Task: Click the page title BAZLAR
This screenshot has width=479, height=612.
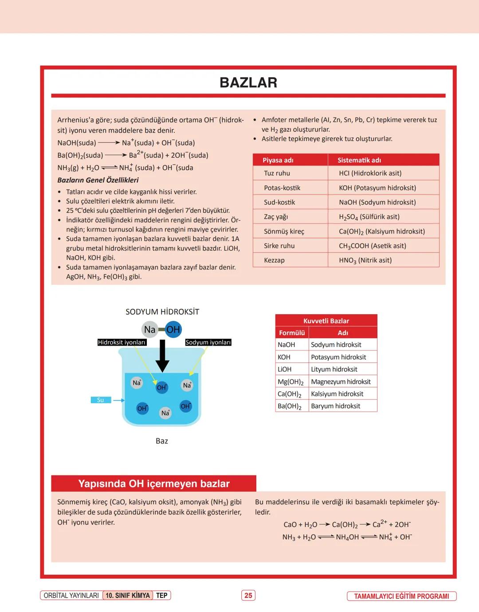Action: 248,82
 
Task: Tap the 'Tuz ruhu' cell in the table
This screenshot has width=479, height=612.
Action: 277,173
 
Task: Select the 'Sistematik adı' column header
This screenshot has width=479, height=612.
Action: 359,160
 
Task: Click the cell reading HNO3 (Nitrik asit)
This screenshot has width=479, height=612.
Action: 365,260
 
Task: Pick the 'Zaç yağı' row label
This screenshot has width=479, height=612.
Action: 275,217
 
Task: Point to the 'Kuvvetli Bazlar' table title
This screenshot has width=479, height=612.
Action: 326,321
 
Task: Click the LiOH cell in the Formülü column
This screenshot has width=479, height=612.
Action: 284,369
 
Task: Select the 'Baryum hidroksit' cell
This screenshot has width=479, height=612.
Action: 335,406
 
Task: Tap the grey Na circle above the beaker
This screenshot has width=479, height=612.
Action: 149,329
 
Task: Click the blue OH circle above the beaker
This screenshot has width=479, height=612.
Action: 173,329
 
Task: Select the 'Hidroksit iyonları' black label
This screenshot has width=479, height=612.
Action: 122,343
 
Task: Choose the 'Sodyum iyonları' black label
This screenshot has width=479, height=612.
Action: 208,343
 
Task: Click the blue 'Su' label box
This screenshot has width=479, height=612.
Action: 101,400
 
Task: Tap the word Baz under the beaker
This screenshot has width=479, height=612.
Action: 162,441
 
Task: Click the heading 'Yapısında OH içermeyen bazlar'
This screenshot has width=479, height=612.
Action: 154,483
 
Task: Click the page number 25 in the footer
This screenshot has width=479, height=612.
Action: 248,596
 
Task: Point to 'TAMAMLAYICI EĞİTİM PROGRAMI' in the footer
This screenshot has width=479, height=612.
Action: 401,596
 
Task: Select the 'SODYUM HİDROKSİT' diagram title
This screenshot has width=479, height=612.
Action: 162,312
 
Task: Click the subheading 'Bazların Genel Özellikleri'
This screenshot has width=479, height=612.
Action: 98,180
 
